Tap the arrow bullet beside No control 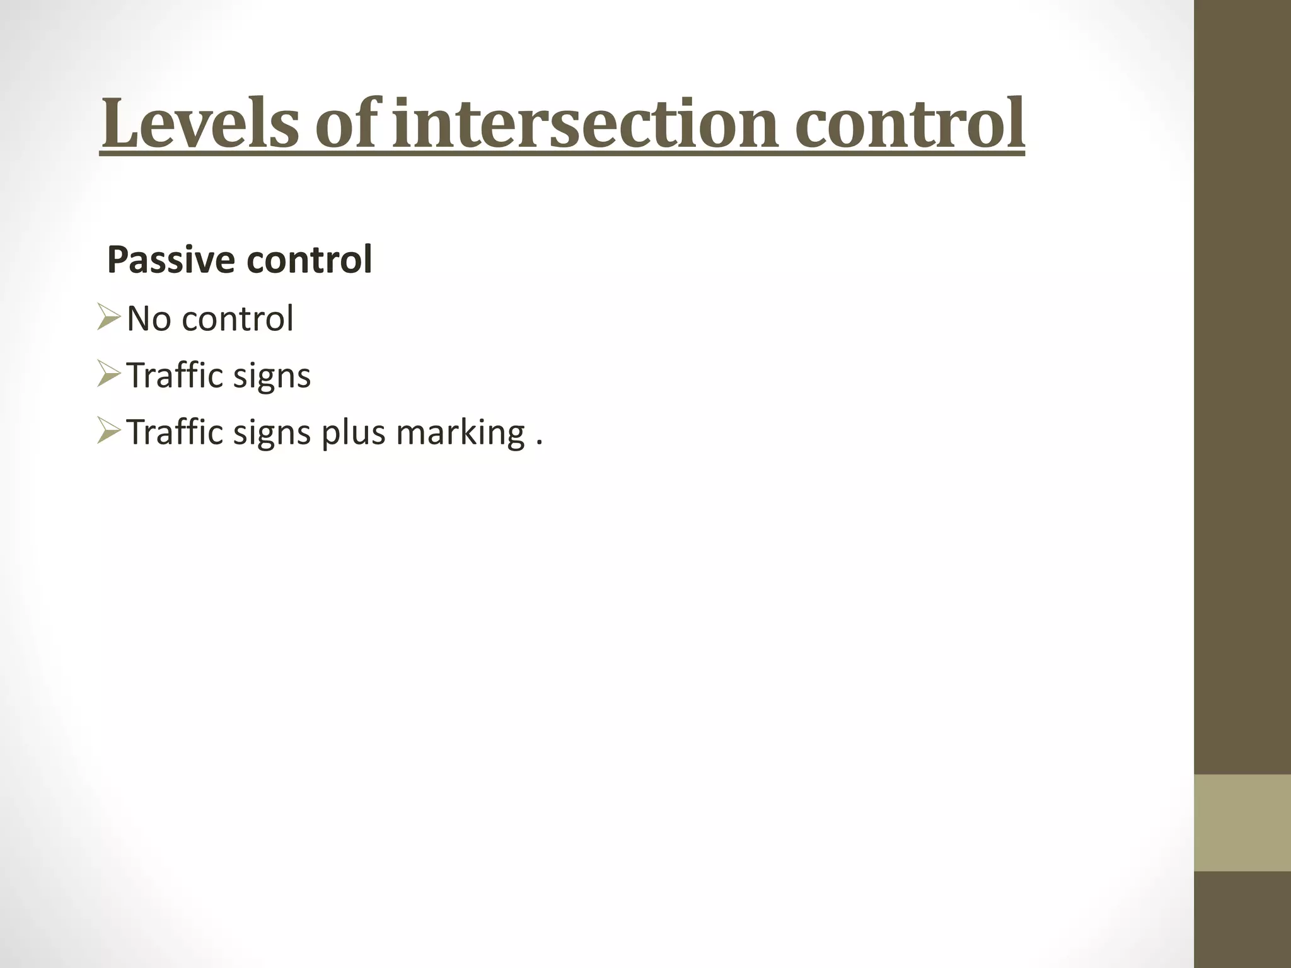pos(108,318)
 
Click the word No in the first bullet pos(149,318)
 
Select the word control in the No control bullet pos(237,318)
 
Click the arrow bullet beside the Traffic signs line pos(108,374)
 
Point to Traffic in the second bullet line pos(174,375)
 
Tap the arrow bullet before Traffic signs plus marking pos(108,431)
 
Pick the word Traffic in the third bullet pos(174,432)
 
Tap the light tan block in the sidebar pos(1242,822)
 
